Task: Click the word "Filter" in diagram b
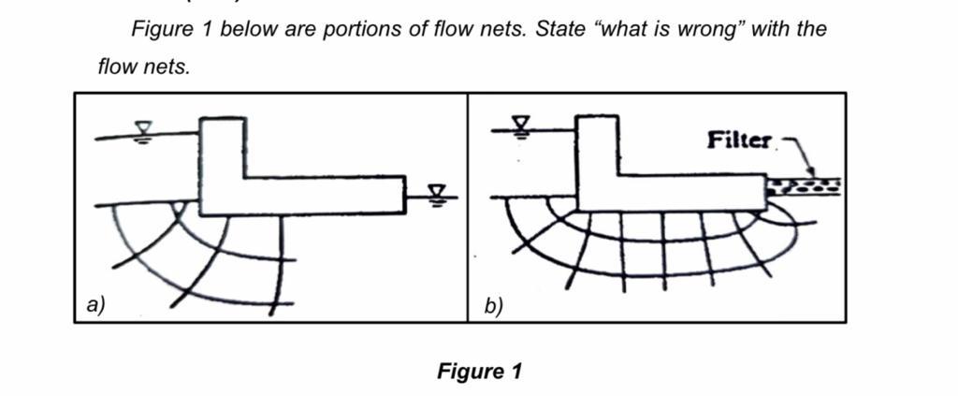click(739, 141)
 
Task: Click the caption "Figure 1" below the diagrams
click(479, 372)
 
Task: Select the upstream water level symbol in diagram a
click(143, 130)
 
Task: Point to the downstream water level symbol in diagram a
click(436, 194)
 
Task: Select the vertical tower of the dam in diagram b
click(598, 147)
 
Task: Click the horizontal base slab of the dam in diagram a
click(318, 195)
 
